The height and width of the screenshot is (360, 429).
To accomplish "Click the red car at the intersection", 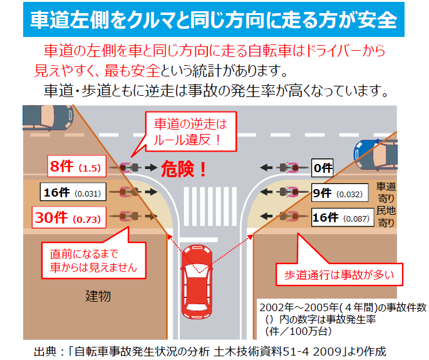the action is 197,282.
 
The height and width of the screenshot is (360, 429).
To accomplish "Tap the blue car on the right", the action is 375,155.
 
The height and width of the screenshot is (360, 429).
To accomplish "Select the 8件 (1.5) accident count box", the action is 76,166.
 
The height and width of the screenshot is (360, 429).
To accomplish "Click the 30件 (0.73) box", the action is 69,217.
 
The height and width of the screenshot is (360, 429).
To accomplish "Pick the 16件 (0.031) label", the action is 73,192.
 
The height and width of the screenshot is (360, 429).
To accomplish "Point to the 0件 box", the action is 323,168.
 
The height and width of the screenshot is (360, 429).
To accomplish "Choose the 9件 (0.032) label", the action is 339,193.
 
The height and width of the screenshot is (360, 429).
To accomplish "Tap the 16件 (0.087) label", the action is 343,217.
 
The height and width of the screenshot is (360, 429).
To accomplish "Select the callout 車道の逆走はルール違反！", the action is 190,131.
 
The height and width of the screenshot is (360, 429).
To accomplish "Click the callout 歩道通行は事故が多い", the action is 339,274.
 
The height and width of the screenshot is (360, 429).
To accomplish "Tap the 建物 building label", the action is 98,296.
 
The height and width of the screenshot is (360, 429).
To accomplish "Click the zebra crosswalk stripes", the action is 210,207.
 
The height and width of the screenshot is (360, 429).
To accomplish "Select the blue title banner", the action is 214,19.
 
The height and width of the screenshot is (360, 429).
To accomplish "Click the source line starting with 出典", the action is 210,351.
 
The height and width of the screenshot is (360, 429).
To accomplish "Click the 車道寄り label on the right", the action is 386,192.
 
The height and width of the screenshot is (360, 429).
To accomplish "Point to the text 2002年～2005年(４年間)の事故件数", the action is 343,307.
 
